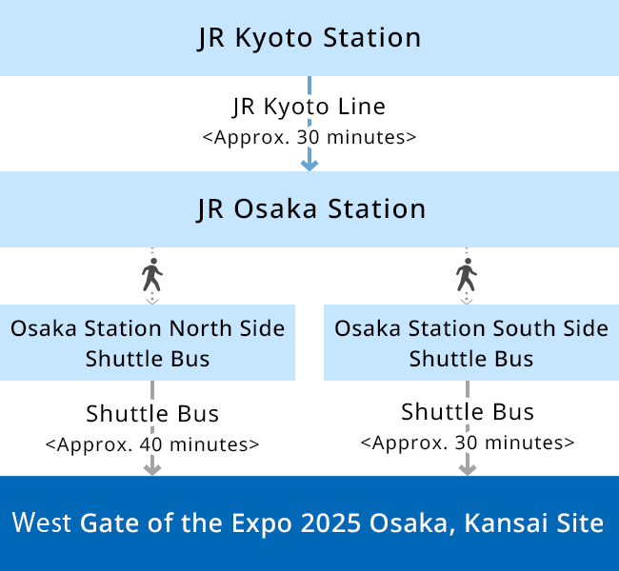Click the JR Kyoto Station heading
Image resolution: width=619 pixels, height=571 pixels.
[309, 38]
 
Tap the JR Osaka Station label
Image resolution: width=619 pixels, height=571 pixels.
[310, 209]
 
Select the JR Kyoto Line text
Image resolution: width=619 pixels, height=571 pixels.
[309, 107]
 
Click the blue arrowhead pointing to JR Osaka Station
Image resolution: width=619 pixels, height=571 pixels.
[309, 165]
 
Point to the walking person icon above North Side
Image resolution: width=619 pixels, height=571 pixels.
[152, 275]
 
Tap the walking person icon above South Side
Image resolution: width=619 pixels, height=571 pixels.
[467, 275]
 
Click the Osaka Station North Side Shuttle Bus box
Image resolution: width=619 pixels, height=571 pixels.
[148, 343]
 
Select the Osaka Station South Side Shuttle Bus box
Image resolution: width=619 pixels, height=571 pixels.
[471, 343]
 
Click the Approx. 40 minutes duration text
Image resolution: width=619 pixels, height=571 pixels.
[152, 444]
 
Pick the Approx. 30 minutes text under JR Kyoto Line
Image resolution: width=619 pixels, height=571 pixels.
[309, 137]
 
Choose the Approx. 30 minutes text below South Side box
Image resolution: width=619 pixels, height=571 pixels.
[468, 443]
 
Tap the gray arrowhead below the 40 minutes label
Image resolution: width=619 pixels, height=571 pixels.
[152, 469]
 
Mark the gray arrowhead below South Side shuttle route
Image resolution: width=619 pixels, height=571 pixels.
[468, 469]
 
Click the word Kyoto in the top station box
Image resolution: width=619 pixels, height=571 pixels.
[274, 38]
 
